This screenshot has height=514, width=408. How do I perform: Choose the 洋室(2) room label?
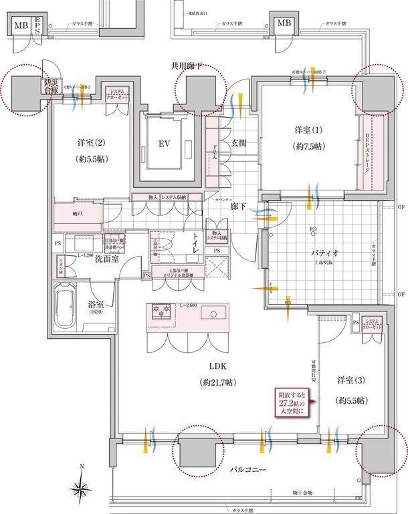92,150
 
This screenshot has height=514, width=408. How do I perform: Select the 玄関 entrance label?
240,142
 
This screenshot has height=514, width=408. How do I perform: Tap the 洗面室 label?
106,259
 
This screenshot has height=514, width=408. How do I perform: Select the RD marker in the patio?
312,230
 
